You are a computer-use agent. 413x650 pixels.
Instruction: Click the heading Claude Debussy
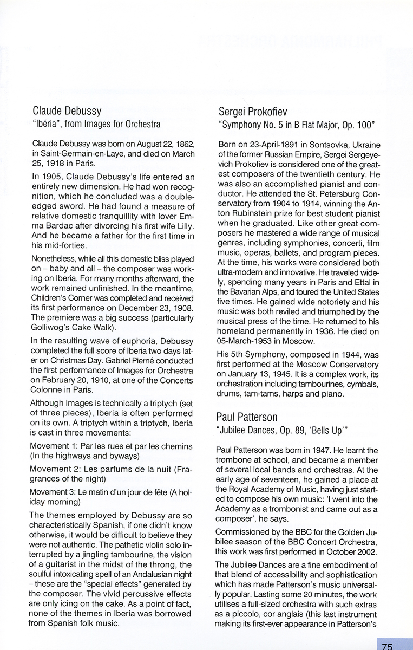tap(67, 112)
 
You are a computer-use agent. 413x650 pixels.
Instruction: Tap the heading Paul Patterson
tap(247, 417)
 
